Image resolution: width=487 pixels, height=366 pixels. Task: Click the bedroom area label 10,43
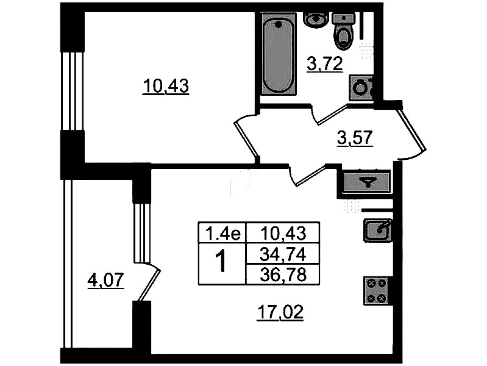coord(166,86)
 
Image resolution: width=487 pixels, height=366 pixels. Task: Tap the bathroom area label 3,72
coord(324,64)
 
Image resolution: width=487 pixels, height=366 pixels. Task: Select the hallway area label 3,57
coord(355,138)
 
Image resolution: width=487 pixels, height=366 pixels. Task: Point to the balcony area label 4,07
coord(106,281)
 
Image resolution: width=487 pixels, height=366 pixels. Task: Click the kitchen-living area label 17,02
coord(280,312)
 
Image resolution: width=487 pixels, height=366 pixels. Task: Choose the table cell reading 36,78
coord(283,274)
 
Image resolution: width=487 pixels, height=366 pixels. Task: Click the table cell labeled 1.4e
coord(222,233)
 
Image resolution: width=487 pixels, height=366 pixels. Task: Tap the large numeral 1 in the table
coord(222,263)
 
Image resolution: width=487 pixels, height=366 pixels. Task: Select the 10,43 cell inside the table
coord(283,233)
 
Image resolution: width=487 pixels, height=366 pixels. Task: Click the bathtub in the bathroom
coord(279,53)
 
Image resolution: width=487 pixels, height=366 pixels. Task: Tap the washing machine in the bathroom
coord(361,88)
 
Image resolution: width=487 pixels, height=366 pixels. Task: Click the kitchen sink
coord(377,230)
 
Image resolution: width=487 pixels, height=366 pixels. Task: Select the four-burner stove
coord(376,291)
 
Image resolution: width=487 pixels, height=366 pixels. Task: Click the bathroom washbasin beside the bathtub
coord(315,18)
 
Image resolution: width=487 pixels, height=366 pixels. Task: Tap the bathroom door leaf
coord(332,115)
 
